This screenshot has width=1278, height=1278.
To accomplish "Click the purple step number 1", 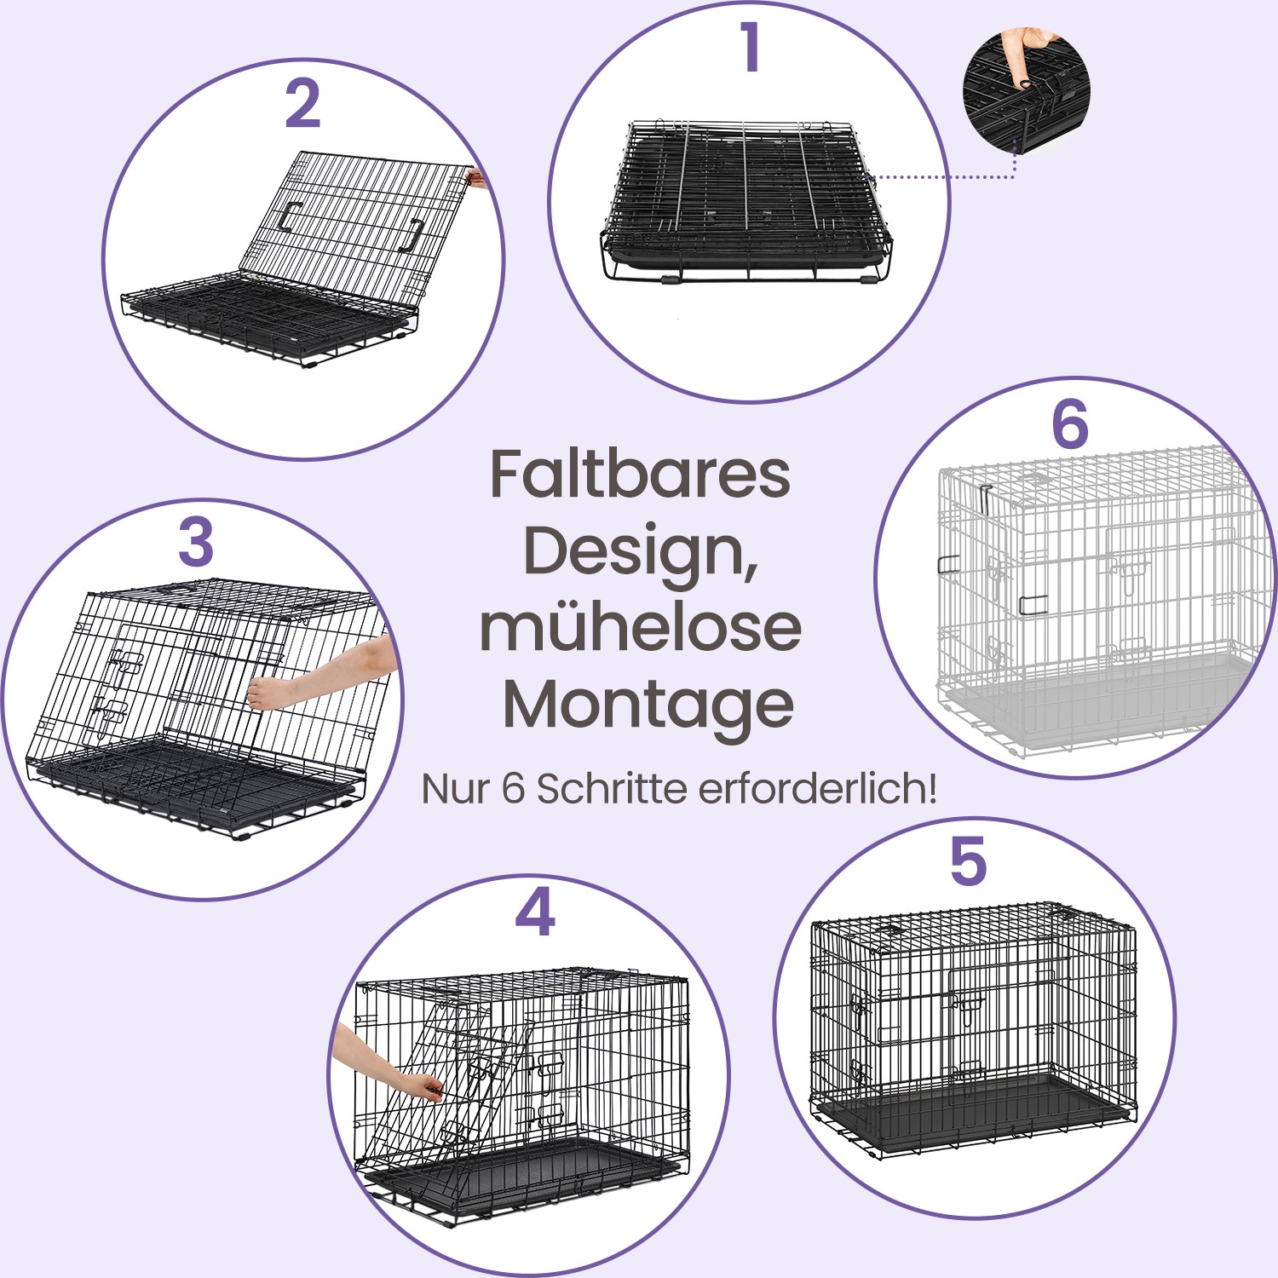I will click(750, 48).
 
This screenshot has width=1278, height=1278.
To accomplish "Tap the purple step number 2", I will click(302, 105).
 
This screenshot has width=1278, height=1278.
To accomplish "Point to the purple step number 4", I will click(535, 912).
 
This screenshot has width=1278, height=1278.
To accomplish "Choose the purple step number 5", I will click(968, 861).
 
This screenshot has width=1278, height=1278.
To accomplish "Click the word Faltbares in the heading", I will click(640, 475).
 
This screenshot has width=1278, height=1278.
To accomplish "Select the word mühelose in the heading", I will click(640, 627).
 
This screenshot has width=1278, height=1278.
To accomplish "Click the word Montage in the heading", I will click(648, 705).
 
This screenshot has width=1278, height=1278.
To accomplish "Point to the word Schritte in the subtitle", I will click(613, 789).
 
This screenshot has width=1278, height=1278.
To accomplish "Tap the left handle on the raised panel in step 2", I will click(287, 217).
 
